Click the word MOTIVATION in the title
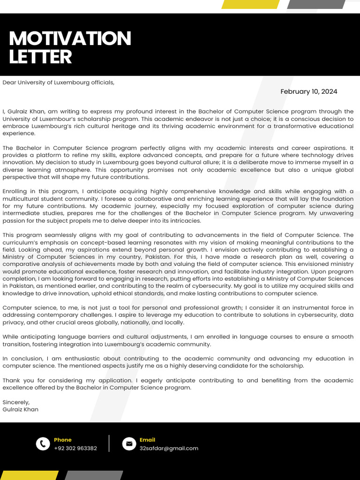click(x=70, y=38)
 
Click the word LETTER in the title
click(x=40, y=57)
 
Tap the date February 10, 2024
click(x=308, y=91)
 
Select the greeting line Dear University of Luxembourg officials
click(x=58, y=82)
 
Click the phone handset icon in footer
click(x=43, y=443)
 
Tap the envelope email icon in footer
click(x=129, y=443)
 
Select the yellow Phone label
click(x=63, y=440)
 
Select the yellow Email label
click(x=147, y=440)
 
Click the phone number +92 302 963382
click(x=75, y=448)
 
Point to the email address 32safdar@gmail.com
click(x=169, y=448)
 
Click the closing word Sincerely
click(x=16, y=402)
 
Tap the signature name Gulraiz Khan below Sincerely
click(x=20, y=409)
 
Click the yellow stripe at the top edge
click(x=250, y=4)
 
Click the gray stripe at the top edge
click(x=316, y=4)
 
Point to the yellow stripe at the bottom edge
click(x=29, y=475)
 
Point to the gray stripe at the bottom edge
click(x=94, y=475)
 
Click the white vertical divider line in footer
click(x=109, y=443)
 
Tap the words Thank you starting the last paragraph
click(x=16, y=381)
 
